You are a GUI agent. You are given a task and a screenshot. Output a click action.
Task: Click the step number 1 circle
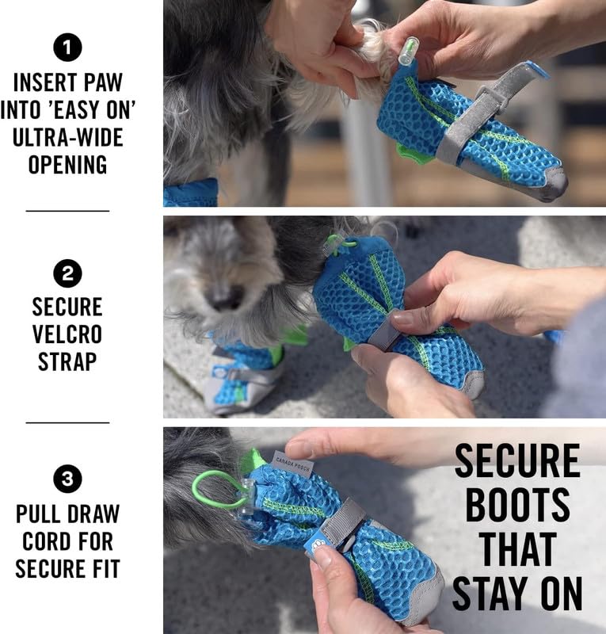click(x=67, y=48)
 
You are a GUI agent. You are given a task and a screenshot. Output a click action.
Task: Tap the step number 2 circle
click(x=67, y=273)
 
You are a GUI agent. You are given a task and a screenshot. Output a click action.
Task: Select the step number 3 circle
click(x=67, y=479)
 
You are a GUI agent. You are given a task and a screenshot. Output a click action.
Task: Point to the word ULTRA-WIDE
click(x=67, y=137)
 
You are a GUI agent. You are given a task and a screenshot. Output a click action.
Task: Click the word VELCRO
click(x=67, y=334)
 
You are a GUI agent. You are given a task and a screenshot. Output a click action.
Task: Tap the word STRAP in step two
click(x=67, y=361)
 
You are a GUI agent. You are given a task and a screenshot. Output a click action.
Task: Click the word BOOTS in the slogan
click(x=517, y=505)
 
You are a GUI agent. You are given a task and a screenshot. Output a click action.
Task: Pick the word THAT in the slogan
click(x=517, y=548)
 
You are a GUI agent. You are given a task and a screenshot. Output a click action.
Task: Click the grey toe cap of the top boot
click(x=555, y=183)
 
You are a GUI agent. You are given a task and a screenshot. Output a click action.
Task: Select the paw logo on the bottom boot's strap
click(x=317, y=546)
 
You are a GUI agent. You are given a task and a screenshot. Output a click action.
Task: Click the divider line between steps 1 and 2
click(x=67, y=211)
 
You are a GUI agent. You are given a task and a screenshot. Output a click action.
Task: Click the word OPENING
click(x=67, y=165)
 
